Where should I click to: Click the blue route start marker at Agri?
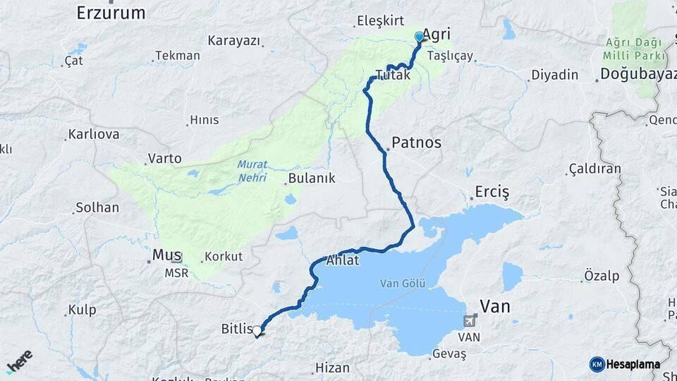pyautogui.click(x=420, y=37)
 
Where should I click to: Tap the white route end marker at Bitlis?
pyautogui.click(x=257, y=330)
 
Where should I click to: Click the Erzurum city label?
pyautogui.click(x=111, y=12)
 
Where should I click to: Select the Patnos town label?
pyautogui.click(x=416, y=143)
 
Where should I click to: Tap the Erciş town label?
pyautogui.click(x=492, y=193)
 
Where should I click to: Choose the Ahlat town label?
pyautogui.click(x=343, y=260)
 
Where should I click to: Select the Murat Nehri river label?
pyautogui.click(x=252, y=171)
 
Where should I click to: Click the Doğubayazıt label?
pyautogui.click(x=638, y=74)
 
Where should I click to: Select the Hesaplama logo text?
pyautogui.click(x=633, y=364)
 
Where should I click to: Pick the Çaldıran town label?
pyautogui.click(x=594, y=169)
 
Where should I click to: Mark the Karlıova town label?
pyautogui.click(x=94, y=134)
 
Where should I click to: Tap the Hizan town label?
pyautogui.click(x=332, y=367)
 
